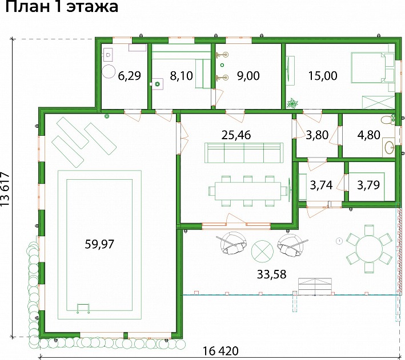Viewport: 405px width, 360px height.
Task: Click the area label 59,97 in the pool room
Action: click(x=99, y=244)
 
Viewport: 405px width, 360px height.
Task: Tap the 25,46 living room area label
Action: click(x=236, y=135)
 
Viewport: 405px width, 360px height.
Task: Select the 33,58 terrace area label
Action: click(x=272, y=274)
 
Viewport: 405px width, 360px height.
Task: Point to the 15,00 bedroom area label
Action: click(x=323, y=76)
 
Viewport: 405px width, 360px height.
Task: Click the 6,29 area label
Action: click(x=130, y=76)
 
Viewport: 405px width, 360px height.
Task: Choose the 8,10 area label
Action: click(x=181, y=76)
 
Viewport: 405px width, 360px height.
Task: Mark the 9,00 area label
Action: click(x=248, y=76)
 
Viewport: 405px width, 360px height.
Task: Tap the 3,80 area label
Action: click(x=317, y=135)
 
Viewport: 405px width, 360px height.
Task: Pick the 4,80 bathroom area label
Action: click(x=369, y=135)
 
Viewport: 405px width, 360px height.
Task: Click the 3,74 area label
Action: click(x=321, y=185)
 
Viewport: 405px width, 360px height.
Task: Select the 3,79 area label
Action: click(x=368, y=185)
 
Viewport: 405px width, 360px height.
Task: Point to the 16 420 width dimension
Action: click(x=220, y=351)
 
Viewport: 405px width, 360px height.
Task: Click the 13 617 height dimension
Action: click(x=5, y=189)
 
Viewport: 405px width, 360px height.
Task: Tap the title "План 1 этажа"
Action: click(x=62, y=6)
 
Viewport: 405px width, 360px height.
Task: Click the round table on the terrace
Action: click(x=369, y=249)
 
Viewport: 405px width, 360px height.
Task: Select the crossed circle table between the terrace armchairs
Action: click(x=262, y=252)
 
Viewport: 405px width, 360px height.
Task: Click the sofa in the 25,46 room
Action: click(x=244, y=153)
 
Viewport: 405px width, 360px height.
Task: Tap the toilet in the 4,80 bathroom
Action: click(x=387, y=120)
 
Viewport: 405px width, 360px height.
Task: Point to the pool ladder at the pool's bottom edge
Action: click(x=83, y=309)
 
